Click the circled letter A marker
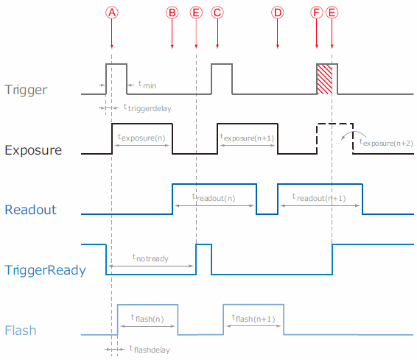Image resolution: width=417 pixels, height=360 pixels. click(x=112, y=13)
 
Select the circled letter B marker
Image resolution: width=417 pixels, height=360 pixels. click(x=172, y=13)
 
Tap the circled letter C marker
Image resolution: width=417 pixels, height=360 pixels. click(x=217, y=13)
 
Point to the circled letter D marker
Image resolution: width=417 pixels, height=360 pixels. click(x=277, y=13)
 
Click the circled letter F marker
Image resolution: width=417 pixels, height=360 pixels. click(x=317, y=13)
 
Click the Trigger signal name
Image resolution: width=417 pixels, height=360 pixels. click(x=26, y=90)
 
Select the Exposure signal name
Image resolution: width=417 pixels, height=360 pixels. click(x=33, y=150)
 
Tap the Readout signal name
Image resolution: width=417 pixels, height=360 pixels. click(x=31, y=210)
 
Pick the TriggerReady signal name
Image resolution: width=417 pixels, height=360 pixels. click(x=45, y=270)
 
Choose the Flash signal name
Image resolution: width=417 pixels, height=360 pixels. click(x=21, y=331)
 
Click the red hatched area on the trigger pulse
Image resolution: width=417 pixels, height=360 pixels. click(x=324, y=80)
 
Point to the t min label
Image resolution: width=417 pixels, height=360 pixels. click(x=147, y=85)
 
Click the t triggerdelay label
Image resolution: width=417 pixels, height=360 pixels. click(x=147, y=108)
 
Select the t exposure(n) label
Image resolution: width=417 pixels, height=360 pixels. click(x=141, y=138)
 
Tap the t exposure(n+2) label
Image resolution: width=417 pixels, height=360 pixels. click(x=386, y=143)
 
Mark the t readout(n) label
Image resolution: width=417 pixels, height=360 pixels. click(x=214, y=197)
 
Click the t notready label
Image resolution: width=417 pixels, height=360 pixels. click(x=150, y=258)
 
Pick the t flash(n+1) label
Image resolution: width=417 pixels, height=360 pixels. click(x=253, y=318)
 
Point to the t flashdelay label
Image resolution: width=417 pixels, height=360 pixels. click(x=150, y=349)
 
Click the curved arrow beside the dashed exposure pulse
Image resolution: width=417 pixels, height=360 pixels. click(x=353, y=133)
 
